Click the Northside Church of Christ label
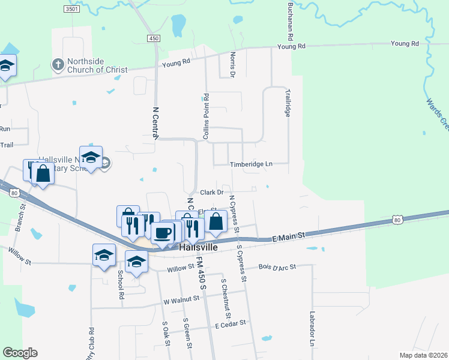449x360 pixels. (x=97, y=65)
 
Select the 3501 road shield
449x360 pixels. (x=71, y=10)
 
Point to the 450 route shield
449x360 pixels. (x=154, y=38)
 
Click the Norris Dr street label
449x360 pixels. (x=232, y=65)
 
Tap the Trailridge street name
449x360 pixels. (x=288, y=101)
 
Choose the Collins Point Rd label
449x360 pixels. (x=206, y=117)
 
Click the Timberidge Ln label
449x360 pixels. (x=251, y=164)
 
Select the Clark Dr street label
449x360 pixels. (x=211, y=193)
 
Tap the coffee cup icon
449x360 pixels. (x=163, y=232)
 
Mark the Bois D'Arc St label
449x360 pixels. (x=278, y=266)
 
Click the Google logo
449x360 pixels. (x=20, y=353)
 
